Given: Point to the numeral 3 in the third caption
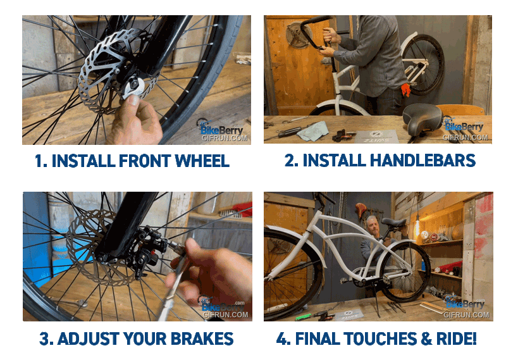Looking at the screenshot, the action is coord(44,338).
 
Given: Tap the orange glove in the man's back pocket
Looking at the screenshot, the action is coord(405,89).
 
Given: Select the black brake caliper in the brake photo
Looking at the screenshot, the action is coord(147,248).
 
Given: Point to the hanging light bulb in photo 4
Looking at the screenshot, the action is coord(417,227).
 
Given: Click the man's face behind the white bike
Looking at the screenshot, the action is coord(373,226).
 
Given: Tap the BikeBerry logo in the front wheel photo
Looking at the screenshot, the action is coord(219,128).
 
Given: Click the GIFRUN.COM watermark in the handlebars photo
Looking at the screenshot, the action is coord(465,137).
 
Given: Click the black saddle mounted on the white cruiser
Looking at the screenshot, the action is coord(393,222).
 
